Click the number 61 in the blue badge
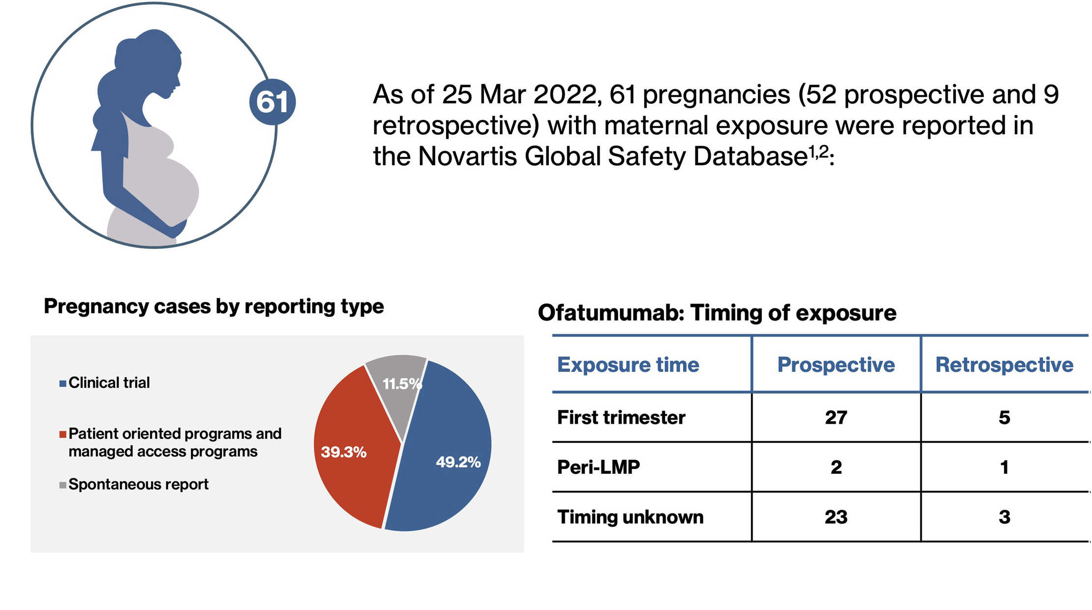pyautogui.click(x=272, y=102)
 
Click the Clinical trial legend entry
pyautogui.click(x=109, y=383)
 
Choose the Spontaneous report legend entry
pyautogui.click(x=138, y=485)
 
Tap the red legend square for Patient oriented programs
pyautogui.click(x=62, y=434)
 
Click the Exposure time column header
pyautogui.click(x=628, y=365)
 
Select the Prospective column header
pyautogui.click(x=836, y=365)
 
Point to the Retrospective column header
pyautogui.click(x=1004, y=365)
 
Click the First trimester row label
pyautogui.click(x=621, y=418)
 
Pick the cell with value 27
pyautogui.click(x=836, y=418)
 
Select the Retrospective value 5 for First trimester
pyautogui.click(x=1004, y=418)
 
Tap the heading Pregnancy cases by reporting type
pyautogui.click(x=213, y=306)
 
